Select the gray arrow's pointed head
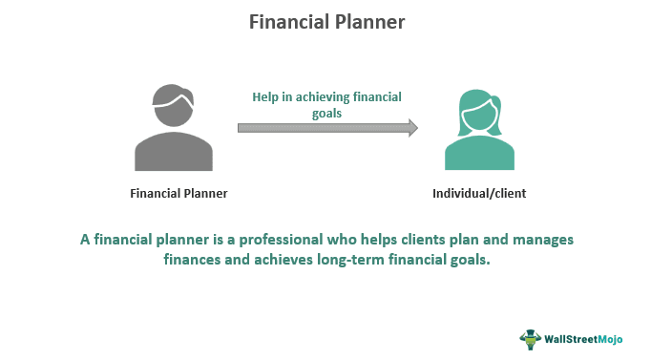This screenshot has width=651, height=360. (x=412, y=128)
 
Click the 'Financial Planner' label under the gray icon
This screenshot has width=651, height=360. (x=179, y=194)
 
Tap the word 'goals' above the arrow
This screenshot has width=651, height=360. (x=325, y=112)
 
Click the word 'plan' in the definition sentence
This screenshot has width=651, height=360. (x=460, y=240)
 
